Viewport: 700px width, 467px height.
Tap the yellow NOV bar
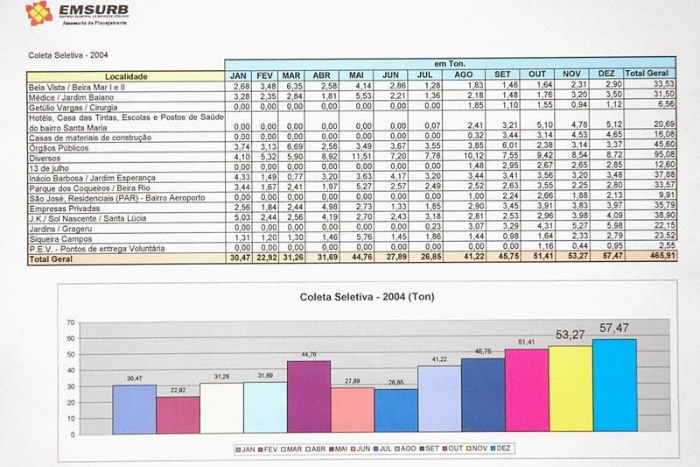[x=570, y=390]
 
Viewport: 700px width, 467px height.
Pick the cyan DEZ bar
[x=613, y=386]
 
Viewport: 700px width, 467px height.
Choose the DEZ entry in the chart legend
[x=502, y=448]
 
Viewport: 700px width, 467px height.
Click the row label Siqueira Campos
[x=61, y=236]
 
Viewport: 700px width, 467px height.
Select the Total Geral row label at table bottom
[x=53, y=259]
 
